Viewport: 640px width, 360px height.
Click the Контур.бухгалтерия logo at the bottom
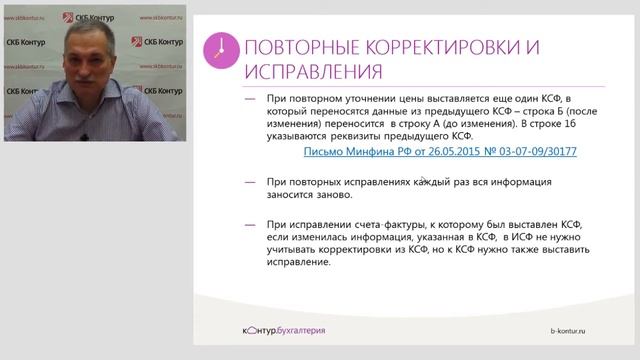coord(271,330)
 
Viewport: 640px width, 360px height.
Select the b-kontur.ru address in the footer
coord(586,330)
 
